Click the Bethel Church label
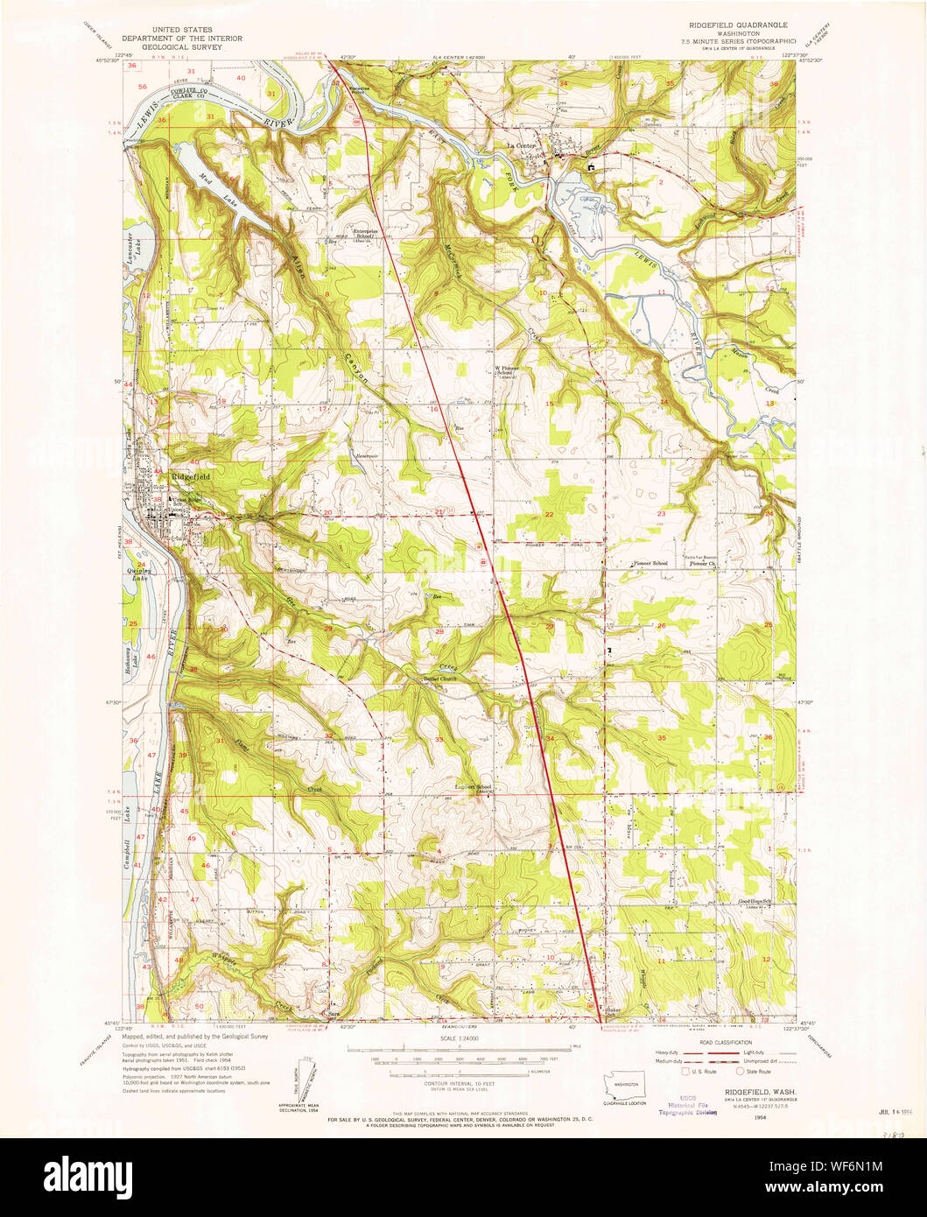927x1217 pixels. pyautogui.click(x=440, y=679)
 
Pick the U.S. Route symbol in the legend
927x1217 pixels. pyautogui.click(x=685, y=1070)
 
